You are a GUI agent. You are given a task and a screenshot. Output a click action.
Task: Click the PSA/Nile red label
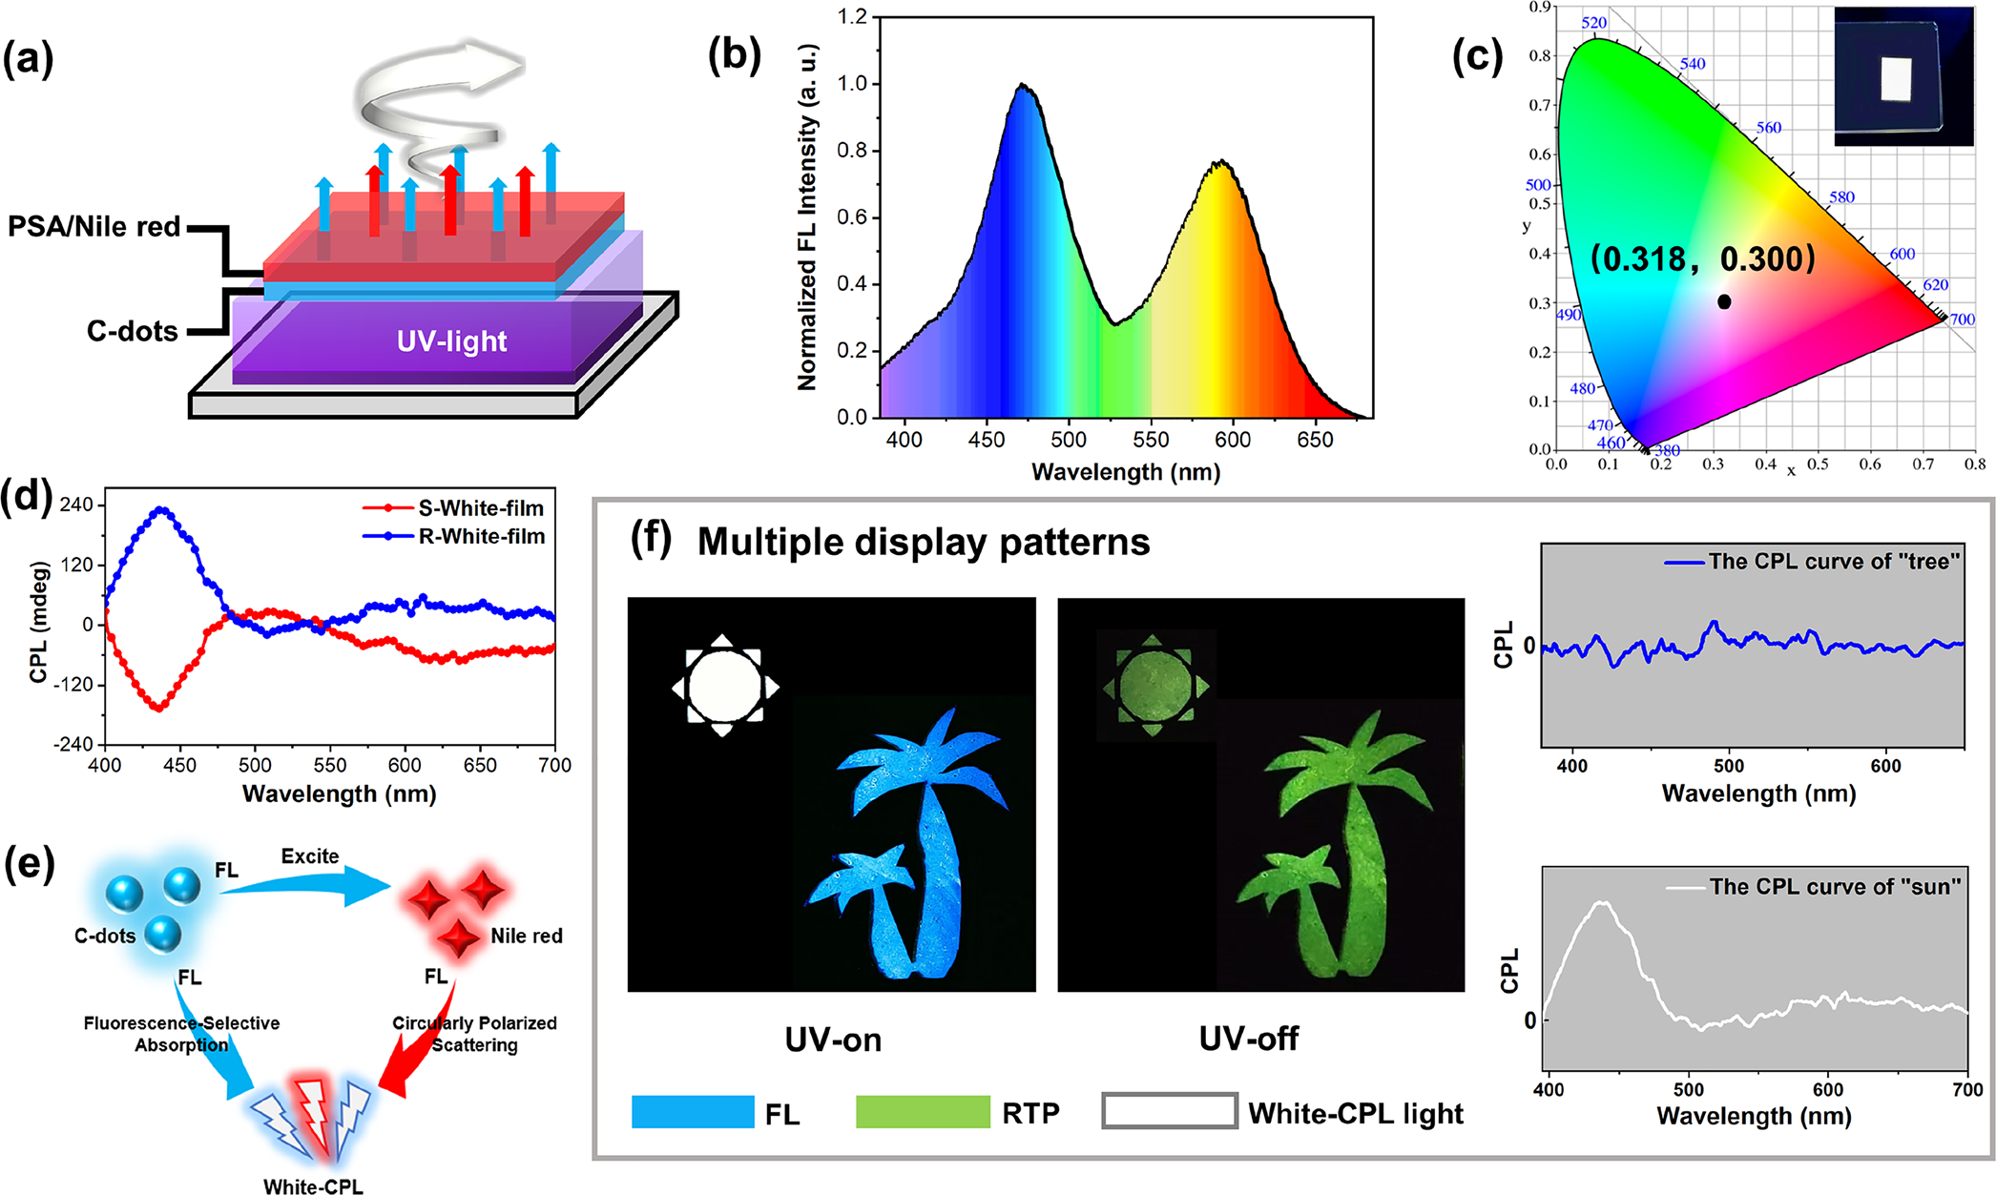94,227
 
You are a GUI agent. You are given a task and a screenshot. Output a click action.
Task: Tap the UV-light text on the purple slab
451,341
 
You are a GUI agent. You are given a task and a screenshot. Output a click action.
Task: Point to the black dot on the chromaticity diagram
1724,301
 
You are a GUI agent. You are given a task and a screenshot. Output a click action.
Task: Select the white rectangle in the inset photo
1897,78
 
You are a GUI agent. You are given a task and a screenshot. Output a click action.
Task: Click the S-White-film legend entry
480,508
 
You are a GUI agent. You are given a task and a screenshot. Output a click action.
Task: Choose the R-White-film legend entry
481,536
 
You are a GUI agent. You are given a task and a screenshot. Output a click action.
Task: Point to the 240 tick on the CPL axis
76,505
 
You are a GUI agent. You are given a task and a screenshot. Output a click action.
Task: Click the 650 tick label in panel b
1315,440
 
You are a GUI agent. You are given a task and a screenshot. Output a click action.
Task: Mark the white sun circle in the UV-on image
724,686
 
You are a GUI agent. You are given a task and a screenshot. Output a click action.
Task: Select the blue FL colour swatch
693,1112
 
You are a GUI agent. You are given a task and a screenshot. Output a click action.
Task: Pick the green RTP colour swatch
923,1112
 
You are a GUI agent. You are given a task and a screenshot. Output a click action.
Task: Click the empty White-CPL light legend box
1170,1111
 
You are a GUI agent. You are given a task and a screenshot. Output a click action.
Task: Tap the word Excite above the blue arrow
310,856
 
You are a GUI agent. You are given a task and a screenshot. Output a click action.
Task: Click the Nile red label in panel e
527,936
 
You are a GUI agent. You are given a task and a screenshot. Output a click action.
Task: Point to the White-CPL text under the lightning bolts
313,1186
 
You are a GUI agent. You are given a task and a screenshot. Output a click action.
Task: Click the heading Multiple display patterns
924,542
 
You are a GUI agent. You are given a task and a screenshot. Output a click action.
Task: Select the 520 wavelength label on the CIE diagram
1594,23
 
